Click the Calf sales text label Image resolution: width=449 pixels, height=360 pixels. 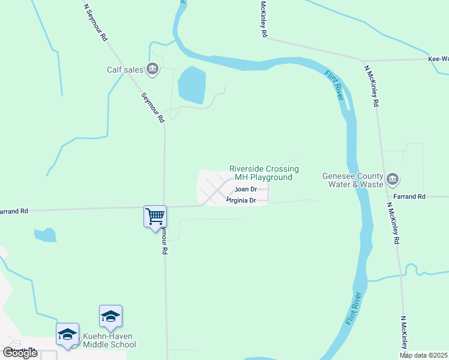[x=125, y=70]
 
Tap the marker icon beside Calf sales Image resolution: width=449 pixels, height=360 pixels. [x=152, y=70]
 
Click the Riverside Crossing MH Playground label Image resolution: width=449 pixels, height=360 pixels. [x=264, y=173]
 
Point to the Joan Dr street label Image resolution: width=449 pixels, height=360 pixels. [x=246, y=189]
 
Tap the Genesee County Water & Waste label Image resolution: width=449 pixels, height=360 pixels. [x=352, y=181]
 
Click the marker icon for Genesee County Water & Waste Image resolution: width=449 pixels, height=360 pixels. [x=393, y=179]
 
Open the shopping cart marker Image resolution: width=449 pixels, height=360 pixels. [x=155, y=216]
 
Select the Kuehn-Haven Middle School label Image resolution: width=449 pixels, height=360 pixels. [x=109, y=340]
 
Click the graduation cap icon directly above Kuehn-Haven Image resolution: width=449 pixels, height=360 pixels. [x=110, y=316]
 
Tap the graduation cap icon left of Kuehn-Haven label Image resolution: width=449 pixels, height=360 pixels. [x=67, y=334]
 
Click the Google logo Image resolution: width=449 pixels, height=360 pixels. [x=20, y=353]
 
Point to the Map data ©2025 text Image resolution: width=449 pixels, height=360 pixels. [x=424, y=355]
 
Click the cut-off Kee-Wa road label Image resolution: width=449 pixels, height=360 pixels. [x=438, y=59]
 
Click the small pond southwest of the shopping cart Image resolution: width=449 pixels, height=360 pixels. [x=45, y=235]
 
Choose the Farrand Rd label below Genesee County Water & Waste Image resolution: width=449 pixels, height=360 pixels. [x=409, y=196]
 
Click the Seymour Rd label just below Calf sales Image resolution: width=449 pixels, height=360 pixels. [x=152, y=108]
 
